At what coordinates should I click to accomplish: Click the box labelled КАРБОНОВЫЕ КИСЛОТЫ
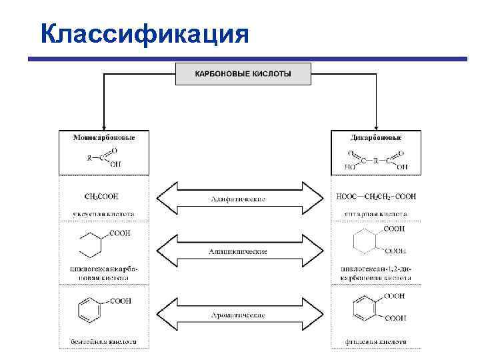(x=243, y=73)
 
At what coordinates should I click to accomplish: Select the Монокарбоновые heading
(x=103, y=137)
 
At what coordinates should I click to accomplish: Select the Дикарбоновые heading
(x=377, y=137)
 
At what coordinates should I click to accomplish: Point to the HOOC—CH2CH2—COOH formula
(x=377, y=197)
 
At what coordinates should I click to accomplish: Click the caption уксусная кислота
(x=103, y=215)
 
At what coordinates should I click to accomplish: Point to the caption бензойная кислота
(x=103, y=341)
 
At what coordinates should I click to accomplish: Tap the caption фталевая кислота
(x=377, y=341)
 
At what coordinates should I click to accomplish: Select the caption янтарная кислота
(x=377, y=215)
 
